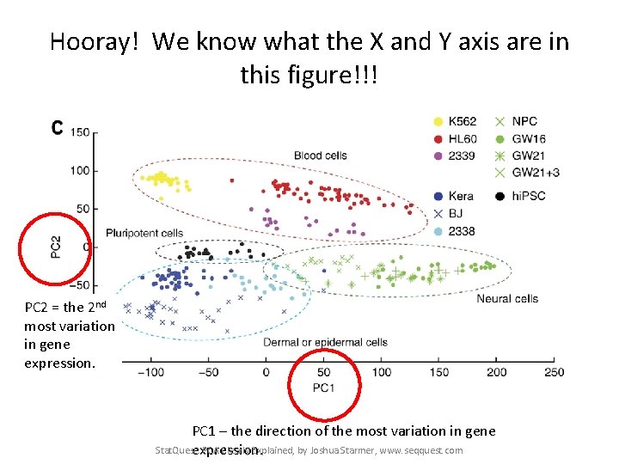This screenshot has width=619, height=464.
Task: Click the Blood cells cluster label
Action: pyautogui.click(x=321, y=156)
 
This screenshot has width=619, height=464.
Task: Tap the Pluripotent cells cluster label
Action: pyautogui.click(x=144, y=233)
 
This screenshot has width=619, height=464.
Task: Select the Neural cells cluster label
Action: pyautogui.click(x=506, y=298)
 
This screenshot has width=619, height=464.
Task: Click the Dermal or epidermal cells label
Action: pyautogui.click(x=325, y=343)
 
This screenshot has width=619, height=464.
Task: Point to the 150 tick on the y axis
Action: pyautogui.click(x=80, y=132)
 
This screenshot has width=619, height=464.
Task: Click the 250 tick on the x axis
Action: pyautogui.click(x=555, y=372)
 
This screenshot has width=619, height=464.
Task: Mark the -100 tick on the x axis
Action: pyautogui.click(x=151, y=372)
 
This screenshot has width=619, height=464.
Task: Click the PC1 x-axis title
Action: pyautogui.click(x=323, y=388)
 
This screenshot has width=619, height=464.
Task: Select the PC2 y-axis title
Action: pyautogui.click(x=55, y=247)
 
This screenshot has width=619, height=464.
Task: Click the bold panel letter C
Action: pyautogui.click(x=57, y=128)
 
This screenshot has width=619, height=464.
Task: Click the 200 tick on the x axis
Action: pyautogui.click(x=497, y=372)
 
